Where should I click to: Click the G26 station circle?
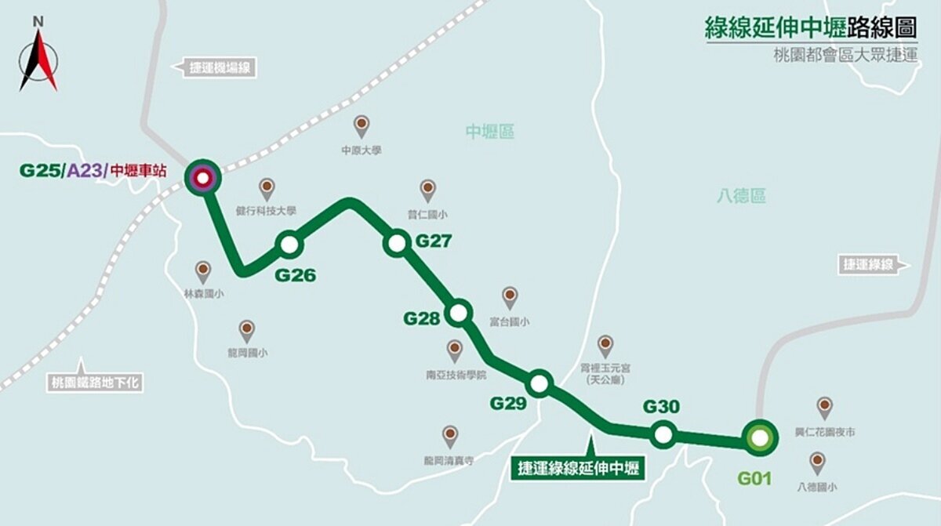point(289,245)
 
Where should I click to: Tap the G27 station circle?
point(396,243)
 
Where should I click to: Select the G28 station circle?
point(459,314)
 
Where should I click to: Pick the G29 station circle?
point(540,383)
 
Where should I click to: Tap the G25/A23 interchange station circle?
point(203,178)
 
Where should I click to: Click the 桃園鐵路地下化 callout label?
point(95,383)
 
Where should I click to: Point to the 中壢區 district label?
point(490,132)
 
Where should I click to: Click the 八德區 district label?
point(741,196)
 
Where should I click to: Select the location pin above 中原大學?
point(361,125)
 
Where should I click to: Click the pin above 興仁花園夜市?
point(824,406)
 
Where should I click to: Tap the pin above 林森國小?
point(203,270)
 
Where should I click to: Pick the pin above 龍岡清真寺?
point(450,435)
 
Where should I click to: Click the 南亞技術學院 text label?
point(455,375)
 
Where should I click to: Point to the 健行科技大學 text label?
point(266,210)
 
